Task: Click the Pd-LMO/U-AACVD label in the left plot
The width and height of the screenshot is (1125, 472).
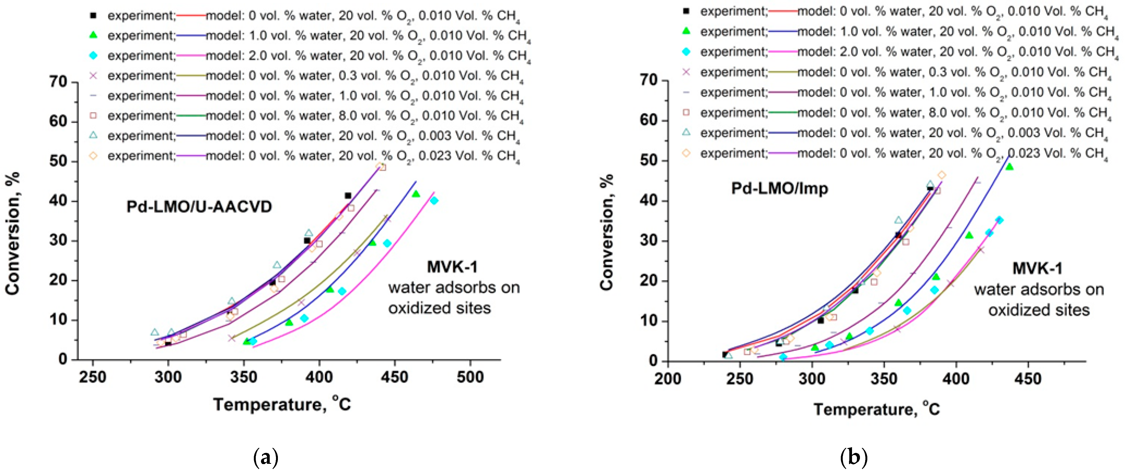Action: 199,206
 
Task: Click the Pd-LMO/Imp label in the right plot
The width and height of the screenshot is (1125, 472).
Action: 780,189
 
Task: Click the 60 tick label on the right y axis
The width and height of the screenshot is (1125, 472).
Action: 650,120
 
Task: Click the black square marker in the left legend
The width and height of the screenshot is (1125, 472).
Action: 93,15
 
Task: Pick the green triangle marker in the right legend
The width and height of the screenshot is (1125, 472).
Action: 686,31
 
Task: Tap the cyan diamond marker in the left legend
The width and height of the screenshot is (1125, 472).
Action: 93,55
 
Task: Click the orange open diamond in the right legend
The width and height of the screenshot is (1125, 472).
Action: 686,153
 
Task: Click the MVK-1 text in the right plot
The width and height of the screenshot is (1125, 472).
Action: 1037,269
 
